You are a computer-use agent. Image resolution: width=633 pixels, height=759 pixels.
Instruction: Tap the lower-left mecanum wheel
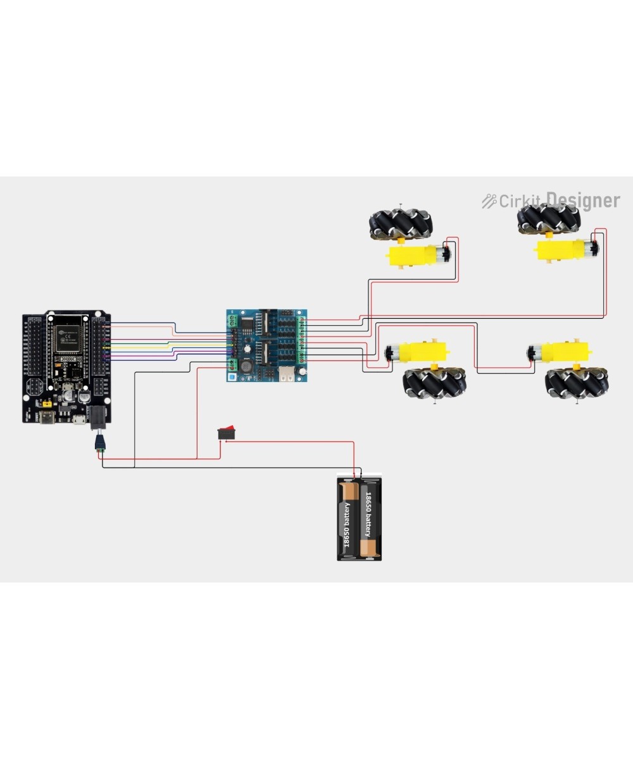pyautogui.click(x=434, y=382)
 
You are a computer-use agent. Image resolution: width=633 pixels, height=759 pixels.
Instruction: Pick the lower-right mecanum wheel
pyautogui.click(x=577, y=383)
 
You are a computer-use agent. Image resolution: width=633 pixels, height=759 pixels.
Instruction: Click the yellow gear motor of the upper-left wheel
pyautogui.click(x=414, y=256)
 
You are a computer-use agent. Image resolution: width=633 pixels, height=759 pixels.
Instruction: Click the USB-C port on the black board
pyautogui.click(x=48, y=418)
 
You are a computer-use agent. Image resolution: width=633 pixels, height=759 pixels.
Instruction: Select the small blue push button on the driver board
pyautogui.click(x=232, y=378)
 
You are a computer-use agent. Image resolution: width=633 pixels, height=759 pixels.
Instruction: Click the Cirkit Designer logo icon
pyautogui.click(x=489, y=201)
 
